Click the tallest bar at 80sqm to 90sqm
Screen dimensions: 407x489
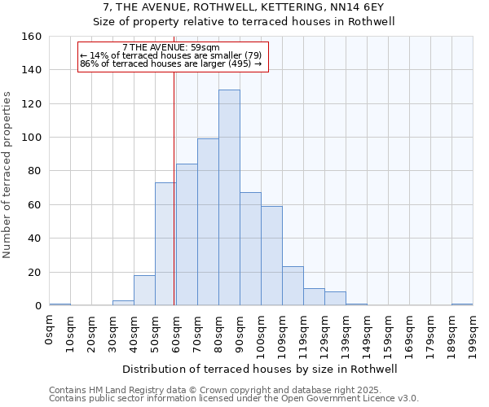tap(229, 198)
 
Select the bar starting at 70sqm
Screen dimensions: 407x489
tap(208, 222)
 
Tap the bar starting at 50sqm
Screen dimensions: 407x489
tap(165, 244)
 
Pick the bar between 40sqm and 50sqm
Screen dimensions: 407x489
tap(144, 291)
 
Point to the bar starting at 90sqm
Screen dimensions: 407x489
tap(250, 249)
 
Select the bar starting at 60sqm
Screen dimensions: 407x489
tap(187, 234)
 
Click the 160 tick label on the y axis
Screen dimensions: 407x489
tap(32, 37)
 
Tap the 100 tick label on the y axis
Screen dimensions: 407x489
tap(32, 138)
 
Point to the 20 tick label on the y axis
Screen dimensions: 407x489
tap(35, 273)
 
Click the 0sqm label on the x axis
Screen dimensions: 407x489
tap(49, 332)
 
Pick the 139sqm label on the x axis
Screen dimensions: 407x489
tap(346, 335)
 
